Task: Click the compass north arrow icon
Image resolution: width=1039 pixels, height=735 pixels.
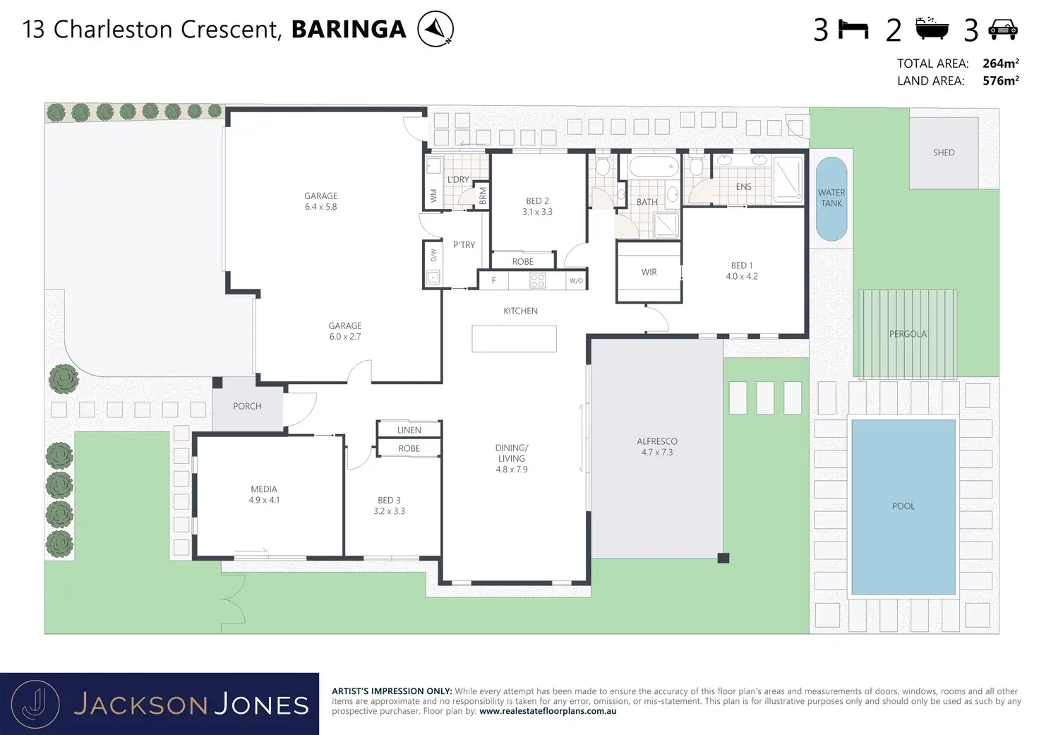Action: [435, 29]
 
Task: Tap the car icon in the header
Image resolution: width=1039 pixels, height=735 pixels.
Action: [1003, 30]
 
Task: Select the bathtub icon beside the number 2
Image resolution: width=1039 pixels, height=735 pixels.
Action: [932, 28]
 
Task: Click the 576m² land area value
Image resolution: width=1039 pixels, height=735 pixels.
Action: [1000, 80]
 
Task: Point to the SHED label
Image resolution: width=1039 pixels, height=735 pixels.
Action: [944, 153]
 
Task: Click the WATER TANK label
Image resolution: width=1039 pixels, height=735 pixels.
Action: [831, 198]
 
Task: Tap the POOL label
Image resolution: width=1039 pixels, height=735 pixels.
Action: [903, 506]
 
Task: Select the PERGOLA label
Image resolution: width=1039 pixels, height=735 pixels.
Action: [908, 334]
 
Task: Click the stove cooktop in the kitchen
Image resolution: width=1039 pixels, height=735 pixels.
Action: [537, 280]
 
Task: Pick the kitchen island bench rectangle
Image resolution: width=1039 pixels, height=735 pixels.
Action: [514, 338]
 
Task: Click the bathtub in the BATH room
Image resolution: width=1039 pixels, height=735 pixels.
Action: [654, 167]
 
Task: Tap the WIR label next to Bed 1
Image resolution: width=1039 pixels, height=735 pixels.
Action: [649, 272]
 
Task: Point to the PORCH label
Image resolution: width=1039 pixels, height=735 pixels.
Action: [247, 407]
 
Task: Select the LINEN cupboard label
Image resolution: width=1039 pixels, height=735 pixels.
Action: [409, 430]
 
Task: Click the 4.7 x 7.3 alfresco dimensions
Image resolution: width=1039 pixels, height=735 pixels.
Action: [657, 453]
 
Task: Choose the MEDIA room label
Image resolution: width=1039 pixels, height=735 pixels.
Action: [264, 489]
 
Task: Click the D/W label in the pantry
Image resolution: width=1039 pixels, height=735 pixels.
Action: [433, 255]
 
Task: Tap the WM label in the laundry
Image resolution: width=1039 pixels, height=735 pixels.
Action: [433, 196]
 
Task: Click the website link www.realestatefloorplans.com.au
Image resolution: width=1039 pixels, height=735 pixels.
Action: [548, 711]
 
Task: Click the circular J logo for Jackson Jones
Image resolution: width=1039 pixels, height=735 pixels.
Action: [35, 705]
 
